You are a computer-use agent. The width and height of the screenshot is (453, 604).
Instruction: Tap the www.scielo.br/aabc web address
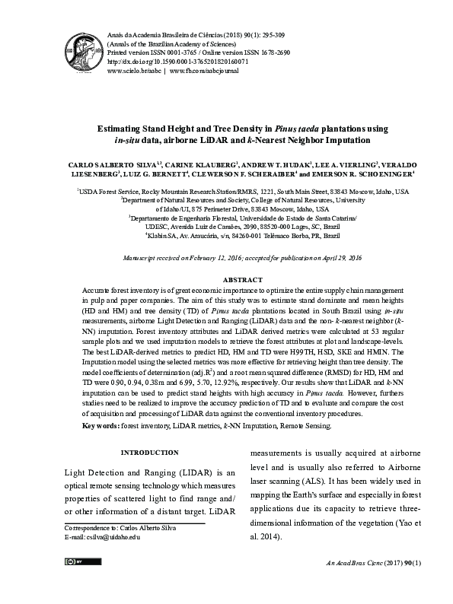tap(133, 70)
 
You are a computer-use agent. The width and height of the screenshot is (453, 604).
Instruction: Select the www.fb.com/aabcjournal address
tap(204, 70)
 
